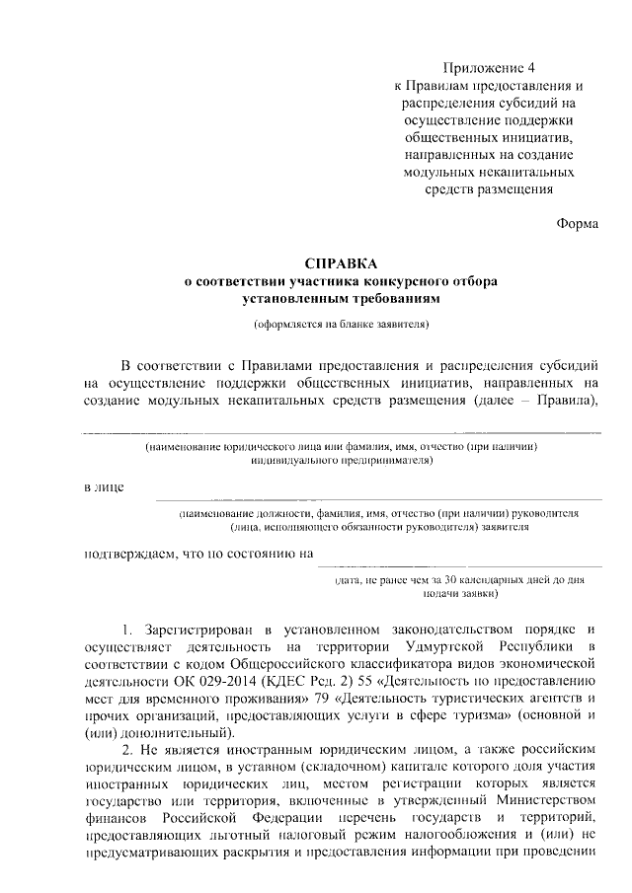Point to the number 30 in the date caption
[x=451, y=579]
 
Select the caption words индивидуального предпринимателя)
[x=341, y=460]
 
